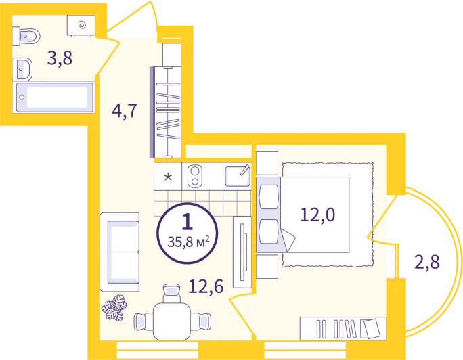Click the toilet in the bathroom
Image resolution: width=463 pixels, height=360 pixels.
[26, 37]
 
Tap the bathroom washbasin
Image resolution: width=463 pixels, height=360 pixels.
[22, 69]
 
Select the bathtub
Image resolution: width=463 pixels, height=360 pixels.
[55, 97]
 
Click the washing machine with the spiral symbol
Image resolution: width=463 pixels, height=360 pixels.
[81, 26]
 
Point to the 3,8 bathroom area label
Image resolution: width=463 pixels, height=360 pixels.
[60, 58]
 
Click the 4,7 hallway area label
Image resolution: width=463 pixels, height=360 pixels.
[125, 111]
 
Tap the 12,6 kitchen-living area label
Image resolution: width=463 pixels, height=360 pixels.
[206, 286]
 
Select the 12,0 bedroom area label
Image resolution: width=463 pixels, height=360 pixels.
[317, 215]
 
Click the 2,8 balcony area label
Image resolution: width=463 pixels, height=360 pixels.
[427, 262]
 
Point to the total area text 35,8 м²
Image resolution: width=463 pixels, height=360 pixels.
[188, 242]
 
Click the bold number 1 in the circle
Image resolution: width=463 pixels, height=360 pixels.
[188, 221]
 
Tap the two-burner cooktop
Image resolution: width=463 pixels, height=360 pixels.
[195, 176]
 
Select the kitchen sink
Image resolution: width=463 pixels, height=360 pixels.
[238, 176]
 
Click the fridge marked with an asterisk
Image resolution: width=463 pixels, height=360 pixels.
[168, 177]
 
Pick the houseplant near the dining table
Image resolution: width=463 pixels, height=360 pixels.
[114, 308]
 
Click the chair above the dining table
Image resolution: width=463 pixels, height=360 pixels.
[171, 293]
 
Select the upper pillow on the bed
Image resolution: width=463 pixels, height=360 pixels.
[269, 196]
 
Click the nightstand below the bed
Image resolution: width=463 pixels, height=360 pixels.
[267, 267]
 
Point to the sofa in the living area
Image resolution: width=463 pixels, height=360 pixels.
[120, 252]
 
